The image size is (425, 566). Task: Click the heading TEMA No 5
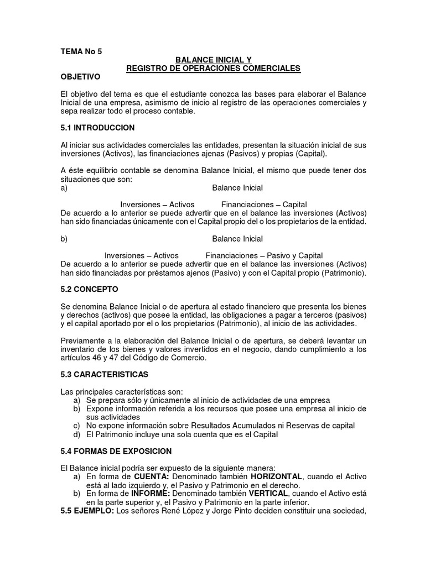pos(81,51)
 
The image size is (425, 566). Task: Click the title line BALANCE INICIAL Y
pos(213,60)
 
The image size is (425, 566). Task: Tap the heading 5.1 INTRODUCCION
pos(97,128)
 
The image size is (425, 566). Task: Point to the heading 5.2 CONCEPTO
pos(89,289)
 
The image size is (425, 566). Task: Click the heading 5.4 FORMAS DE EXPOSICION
pos(116,451)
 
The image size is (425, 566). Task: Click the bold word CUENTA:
pos(151,476)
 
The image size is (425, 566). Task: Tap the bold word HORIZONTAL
pos(277,476)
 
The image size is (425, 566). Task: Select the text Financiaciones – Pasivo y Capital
pos(264,256)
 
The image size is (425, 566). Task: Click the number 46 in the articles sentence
pos(94,358)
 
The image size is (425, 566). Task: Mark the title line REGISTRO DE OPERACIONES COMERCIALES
pos(213,69)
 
